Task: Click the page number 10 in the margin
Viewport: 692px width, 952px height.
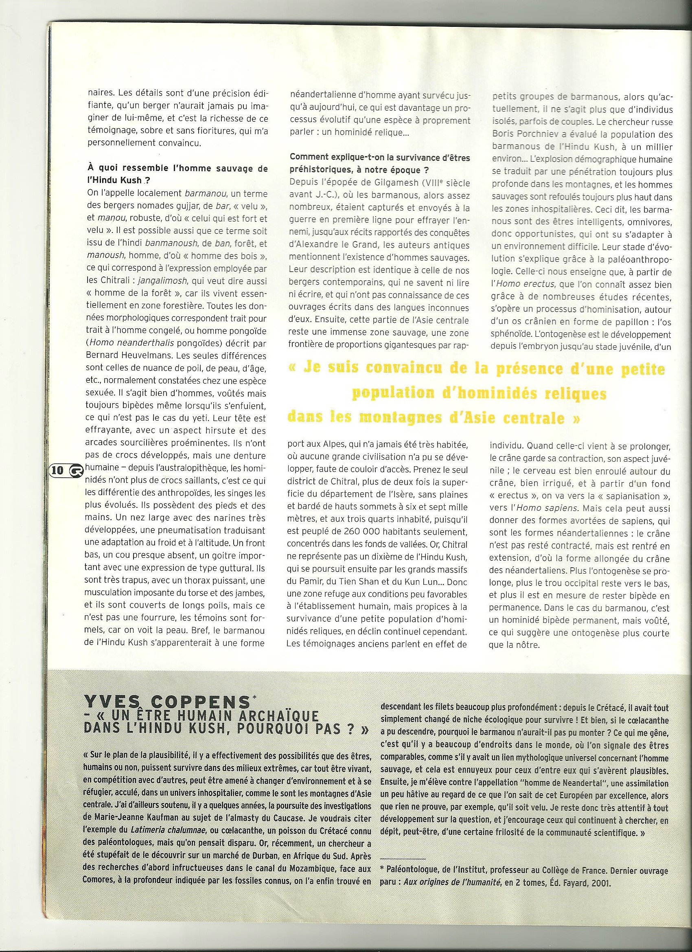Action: tap(57, 470)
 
